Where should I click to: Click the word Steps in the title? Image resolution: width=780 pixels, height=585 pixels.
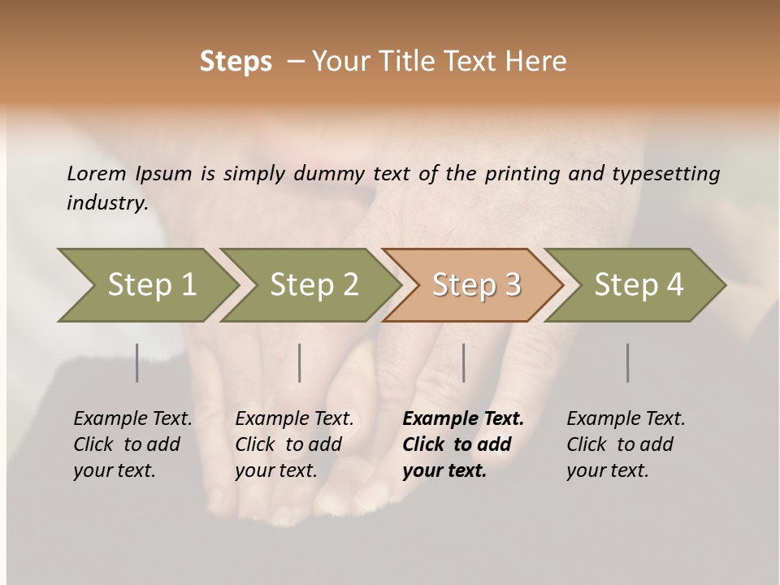[236, 62]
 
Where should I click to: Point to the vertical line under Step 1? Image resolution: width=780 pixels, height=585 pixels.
[137, 362]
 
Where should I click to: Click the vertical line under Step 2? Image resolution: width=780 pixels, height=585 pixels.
[300, 362]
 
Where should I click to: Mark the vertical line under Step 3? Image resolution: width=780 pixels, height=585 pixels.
[464, 362]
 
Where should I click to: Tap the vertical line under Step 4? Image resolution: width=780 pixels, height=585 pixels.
[628, 362]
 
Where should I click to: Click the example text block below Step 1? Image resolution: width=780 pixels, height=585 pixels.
[132, 444]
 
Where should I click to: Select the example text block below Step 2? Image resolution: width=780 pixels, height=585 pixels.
[294, 444]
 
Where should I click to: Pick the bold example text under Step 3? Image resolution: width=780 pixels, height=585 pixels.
[463, 444]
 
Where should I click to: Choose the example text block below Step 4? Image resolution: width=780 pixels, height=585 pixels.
[626, 444]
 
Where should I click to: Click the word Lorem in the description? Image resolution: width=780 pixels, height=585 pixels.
[97, 174]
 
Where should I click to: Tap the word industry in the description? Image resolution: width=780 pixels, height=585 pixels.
[106, 203]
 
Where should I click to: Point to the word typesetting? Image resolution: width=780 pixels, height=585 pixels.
[665, 174]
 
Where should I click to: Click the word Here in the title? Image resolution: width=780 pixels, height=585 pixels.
[540, 62]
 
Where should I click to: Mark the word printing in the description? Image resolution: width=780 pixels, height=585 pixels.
[524, 174]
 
